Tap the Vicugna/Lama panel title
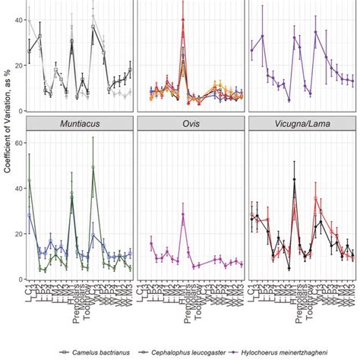pos(302,125)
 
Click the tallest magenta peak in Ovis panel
pos(183,214)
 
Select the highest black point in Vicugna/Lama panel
pos(294,180)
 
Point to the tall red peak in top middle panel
pos(183,21)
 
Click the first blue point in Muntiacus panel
pos(30,215)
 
